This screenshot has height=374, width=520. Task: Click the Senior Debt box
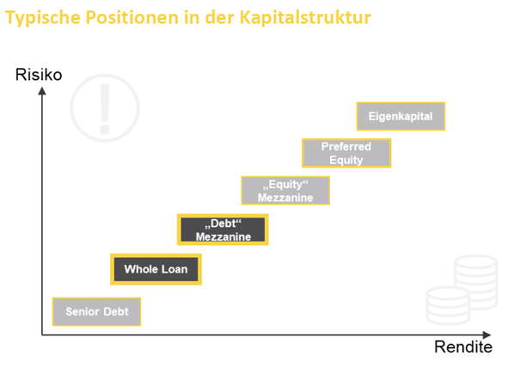click(96, 311)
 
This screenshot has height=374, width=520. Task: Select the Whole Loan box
click(156, 269)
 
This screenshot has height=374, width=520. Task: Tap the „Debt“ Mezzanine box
click(223, 230)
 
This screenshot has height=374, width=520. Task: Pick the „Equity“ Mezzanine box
click(285, 191)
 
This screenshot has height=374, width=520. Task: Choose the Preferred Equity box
click(346, 153)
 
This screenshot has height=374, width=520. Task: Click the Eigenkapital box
click(401, 116)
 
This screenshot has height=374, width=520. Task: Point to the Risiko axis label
click(39, 74)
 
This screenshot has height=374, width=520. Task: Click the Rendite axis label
click(463, 347)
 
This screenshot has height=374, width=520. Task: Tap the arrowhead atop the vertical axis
click(42, 90)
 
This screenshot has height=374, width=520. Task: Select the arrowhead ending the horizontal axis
click(486, 334)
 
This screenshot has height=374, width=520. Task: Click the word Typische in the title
click(43, 18)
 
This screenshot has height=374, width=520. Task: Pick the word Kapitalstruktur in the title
click(305, 17)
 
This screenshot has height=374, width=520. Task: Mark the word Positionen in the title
click(132, 17)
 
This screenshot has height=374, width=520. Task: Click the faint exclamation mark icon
click(105, 108)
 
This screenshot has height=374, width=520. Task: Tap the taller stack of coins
click(476, 282)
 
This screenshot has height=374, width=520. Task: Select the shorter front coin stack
click(448, 305)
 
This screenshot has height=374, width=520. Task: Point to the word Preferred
click(346, 146)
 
